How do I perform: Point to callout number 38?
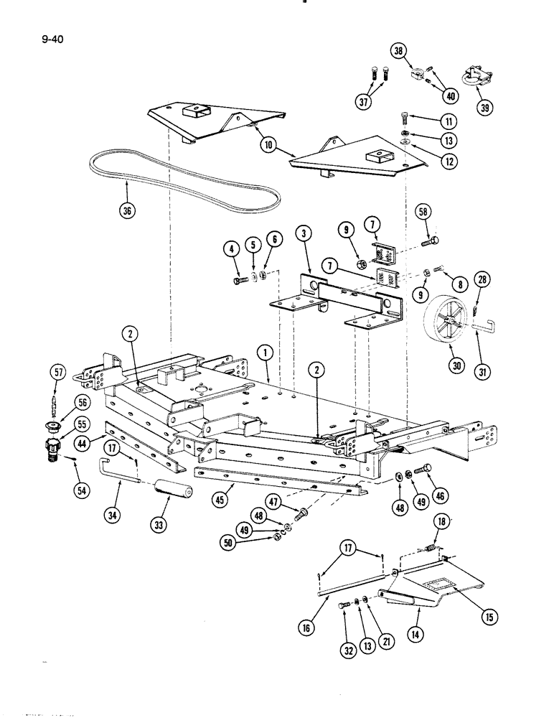coord(399,50)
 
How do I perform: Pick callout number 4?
coord(230,251)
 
